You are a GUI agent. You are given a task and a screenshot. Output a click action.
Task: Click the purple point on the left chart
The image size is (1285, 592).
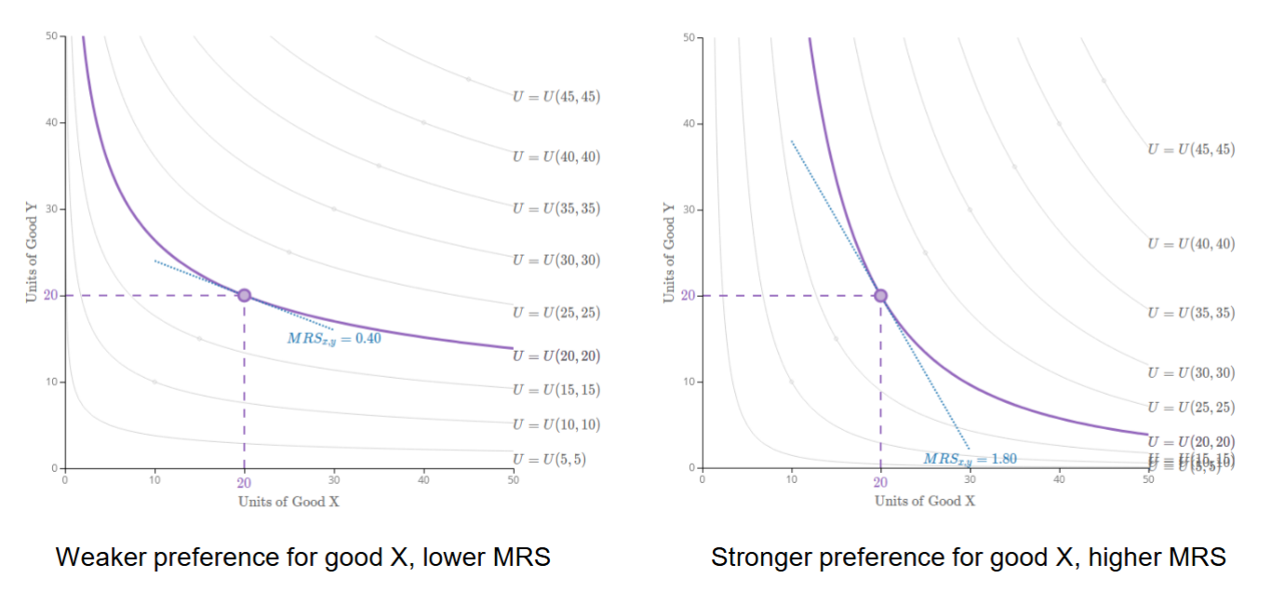(x=244, y=295)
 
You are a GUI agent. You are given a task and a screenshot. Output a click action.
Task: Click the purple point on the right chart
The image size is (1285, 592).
(x=880, y=295)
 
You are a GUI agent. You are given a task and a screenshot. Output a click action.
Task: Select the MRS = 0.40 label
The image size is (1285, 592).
(x=334, y=339)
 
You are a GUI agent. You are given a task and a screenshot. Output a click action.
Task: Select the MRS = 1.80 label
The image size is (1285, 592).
(x=970, y=458)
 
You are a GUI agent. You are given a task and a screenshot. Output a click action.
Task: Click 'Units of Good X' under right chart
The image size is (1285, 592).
(x=924, y=501)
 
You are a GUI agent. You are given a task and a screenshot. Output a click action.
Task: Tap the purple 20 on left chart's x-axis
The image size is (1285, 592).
(x=244, y=482)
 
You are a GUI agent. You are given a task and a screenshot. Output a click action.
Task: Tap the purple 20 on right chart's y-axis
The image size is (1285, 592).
(x=689, y=295)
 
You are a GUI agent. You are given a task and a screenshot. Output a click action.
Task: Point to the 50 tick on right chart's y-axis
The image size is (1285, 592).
(x=689, y=37)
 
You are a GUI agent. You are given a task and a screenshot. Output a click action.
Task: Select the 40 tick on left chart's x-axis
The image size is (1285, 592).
(x=423, y=479)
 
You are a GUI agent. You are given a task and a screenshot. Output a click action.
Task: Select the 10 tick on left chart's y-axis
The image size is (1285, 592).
(x=51, y=382)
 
